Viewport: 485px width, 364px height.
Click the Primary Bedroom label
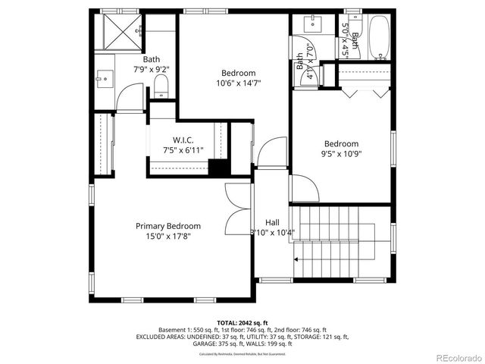tap(168, 226)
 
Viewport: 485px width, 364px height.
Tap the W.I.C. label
tap(183, 140)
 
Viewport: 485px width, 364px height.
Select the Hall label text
tap(272, 222)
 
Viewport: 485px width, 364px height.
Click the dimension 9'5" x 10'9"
tap(341, 155)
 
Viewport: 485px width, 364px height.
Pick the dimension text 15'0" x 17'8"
tap(168, 237)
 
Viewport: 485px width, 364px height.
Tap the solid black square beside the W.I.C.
tap(219, 168)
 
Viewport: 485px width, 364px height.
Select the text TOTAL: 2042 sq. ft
tap(242, 322)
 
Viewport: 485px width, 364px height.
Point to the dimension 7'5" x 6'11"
tap(183, 150)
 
